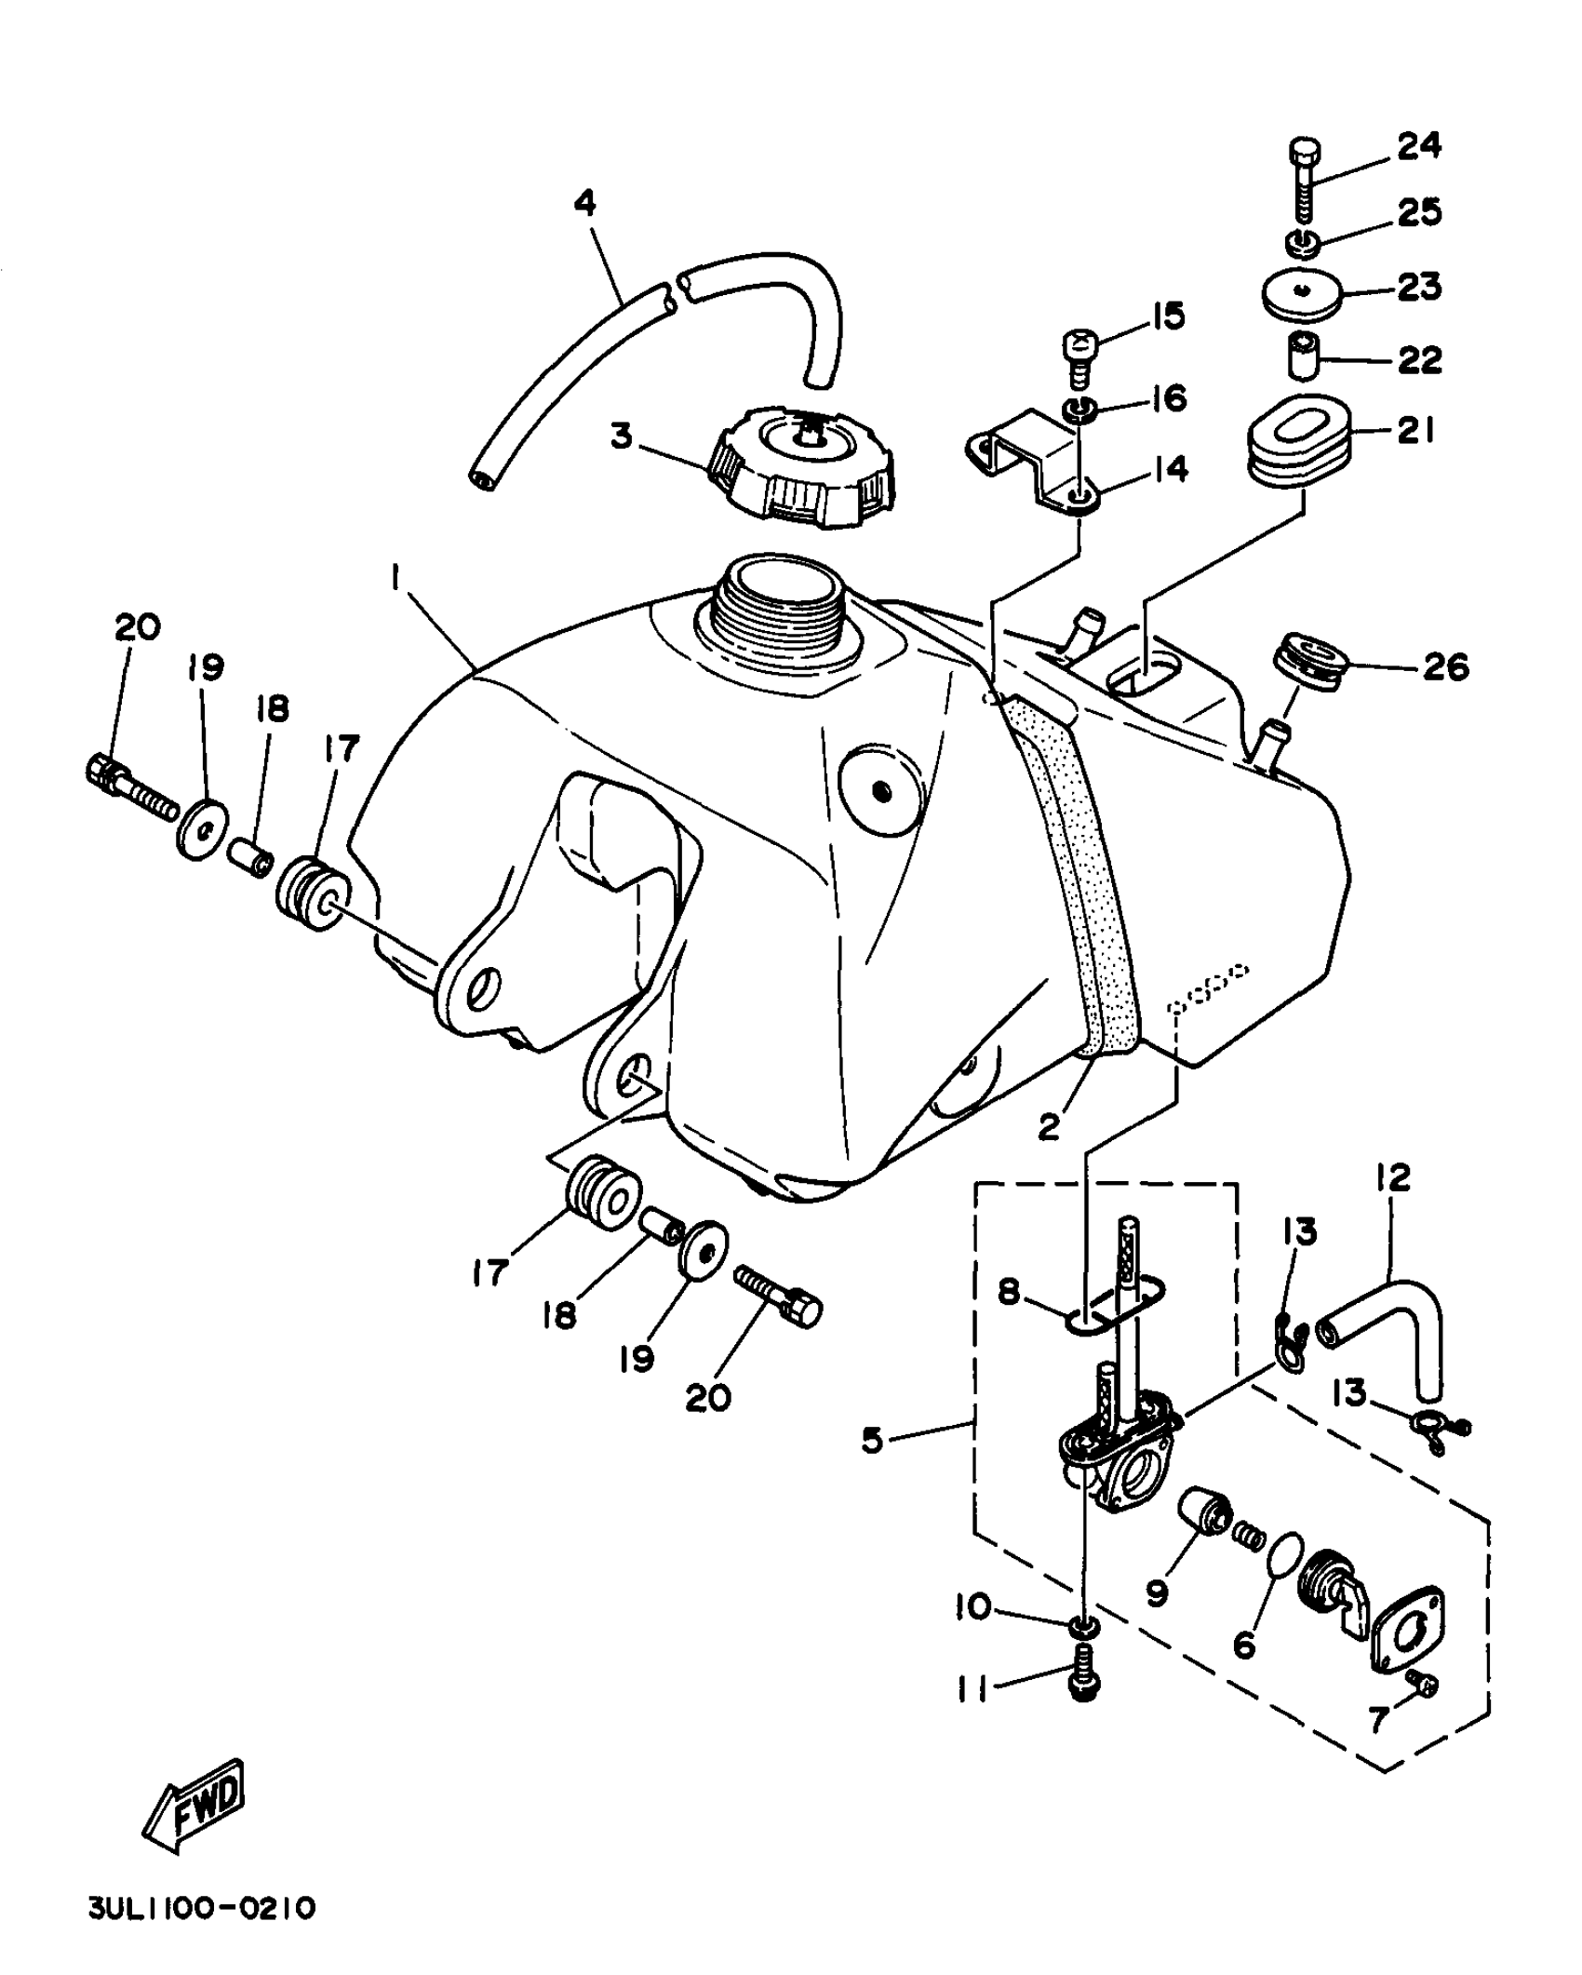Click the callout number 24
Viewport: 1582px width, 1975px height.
pyautogui.click(x=1418, y=146)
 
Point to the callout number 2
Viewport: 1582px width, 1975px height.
pyautogui.click(x=1049, y=1126)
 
